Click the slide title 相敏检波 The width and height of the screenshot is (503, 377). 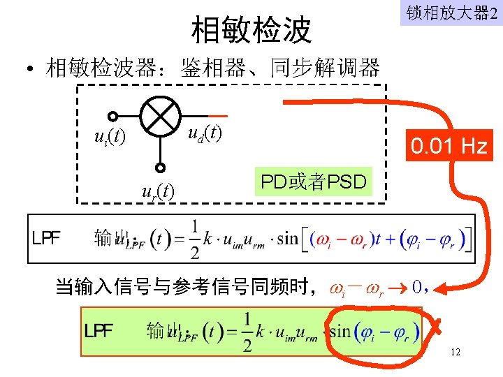coord(251,30)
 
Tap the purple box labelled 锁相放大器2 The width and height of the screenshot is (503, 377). coord(451,13)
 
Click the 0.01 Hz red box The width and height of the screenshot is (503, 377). coord(450,147)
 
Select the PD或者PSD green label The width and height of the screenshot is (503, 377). coord(313,183)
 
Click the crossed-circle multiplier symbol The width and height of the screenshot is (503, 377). coord(161,116)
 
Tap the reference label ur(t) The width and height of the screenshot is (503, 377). coord(158,189)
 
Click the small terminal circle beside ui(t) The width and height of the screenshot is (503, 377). coord(112,117)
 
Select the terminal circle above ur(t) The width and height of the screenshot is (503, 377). coord(161,168)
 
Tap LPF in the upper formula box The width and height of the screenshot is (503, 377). coord(46,238)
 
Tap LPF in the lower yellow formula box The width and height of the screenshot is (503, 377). coord(99,330)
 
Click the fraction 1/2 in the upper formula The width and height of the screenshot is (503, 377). coord(194,238)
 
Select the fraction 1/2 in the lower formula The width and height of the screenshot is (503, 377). coord(246,331)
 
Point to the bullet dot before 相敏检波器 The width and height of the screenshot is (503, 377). coord(31,69)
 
